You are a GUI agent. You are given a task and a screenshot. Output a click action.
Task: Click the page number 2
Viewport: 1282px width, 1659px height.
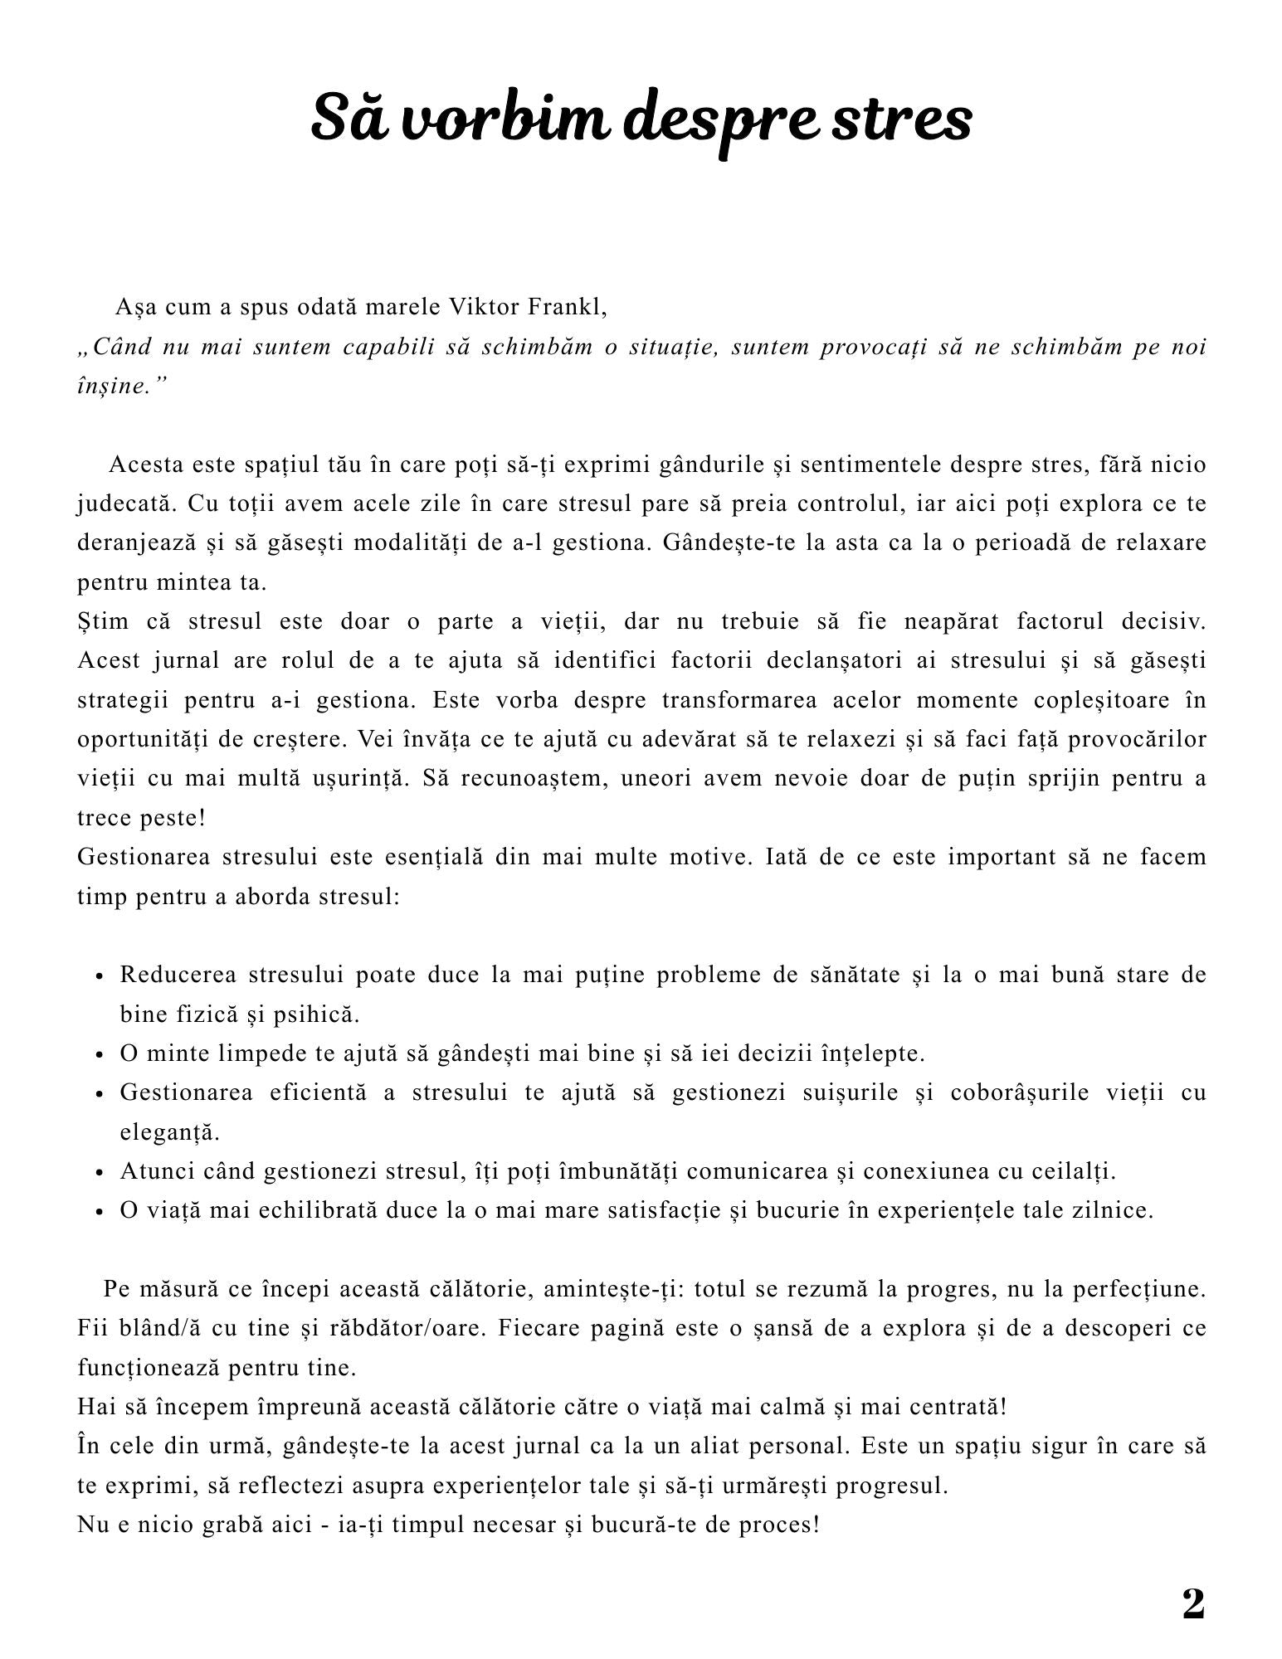click(x=1192, y=1604)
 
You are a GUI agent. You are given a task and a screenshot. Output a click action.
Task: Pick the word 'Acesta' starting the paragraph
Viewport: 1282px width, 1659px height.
click(x=146, y=465)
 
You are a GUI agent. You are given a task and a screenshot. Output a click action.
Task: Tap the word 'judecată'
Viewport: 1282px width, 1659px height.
click(x=124, y=504)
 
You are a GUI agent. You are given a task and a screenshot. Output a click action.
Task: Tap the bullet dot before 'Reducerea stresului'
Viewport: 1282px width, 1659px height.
click(x=99, y=976)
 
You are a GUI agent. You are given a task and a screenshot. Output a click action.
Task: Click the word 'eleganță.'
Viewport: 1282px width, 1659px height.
click(x=169, y=1132)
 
